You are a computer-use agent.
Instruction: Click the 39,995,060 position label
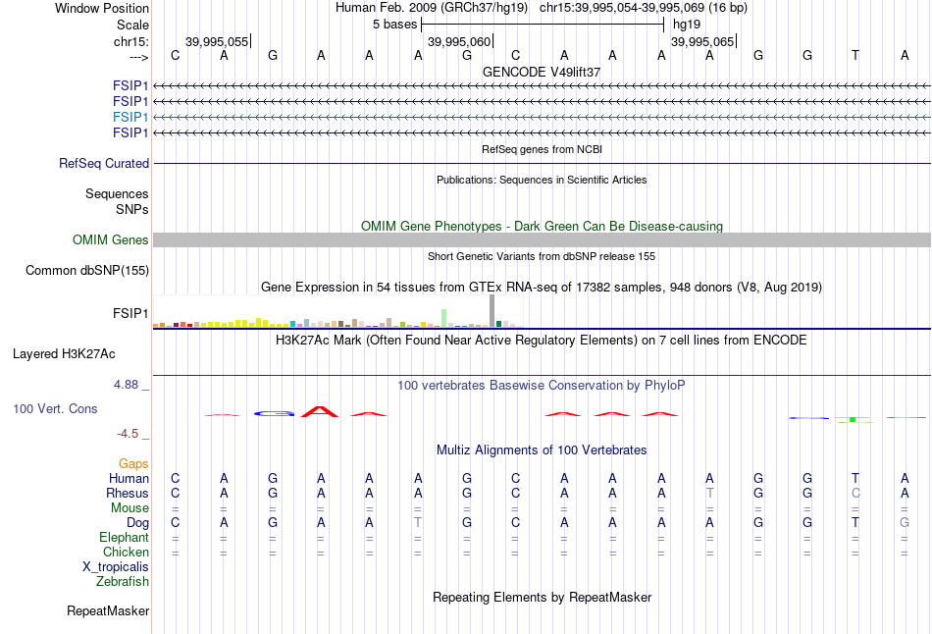458,41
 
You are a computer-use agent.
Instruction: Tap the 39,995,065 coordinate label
701,41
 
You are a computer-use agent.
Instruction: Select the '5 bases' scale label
395,24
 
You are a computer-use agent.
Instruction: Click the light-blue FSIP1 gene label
130,117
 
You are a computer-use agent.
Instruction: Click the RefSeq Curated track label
104,164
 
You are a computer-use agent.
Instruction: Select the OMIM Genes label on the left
111,240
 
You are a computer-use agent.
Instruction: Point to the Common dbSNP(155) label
87,270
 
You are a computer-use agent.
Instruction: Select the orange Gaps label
133,463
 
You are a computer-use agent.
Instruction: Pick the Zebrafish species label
123,581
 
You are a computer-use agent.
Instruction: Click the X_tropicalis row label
116,566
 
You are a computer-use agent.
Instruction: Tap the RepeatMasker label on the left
108,611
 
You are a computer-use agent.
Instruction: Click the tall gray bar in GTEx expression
492,309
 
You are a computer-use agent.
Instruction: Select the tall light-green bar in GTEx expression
444,317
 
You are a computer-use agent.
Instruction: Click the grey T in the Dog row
418,522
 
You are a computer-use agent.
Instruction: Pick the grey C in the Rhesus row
855,493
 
